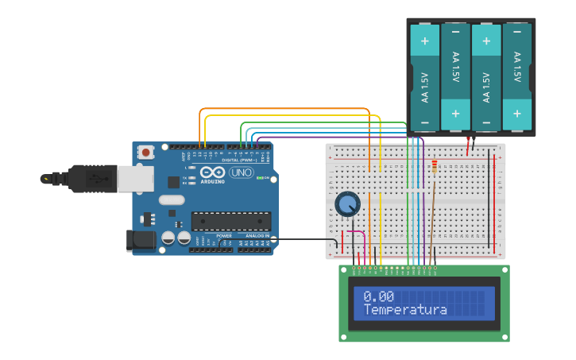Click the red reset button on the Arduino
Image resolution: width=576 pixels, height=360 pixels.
coord(146,152)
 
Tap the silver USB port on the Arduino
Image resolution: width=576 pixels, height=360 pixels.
coord(136,179)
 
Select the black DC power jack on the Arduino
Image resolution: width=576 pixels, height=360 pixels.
coord(142,240)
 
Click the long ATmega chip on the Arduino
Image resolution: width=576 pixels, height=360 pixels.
coord(230,221)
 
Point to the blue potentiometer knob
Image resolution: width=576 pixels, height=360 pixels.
coord(347,204)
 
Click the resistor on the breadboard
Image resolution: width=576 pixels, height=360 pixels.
coord(434,166)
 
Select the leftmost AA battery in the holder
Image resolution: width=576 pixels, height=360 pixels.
coord(424,77)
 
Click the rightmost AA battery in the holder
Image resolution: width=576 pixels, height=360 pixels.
coord(517,77)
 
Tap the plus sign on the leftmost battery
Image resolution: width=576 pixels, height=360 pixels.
coord(424,41)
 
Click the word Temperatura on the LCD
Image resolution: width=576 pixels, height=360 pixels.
coord(405,310)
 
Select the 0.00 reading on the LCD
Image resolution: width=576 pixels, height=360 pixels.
coord(378,296)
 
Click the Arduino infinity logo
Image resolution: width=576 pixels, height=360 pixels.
coord(212,172)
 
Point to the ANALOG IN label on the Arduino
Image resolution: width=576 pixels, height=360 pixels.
coord(257,236)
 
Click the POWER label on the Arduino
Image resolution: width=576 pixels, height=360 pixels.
coord(225,236)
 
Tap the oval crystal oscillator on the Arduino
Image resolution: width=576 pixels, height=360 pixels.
coord(171,200)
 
